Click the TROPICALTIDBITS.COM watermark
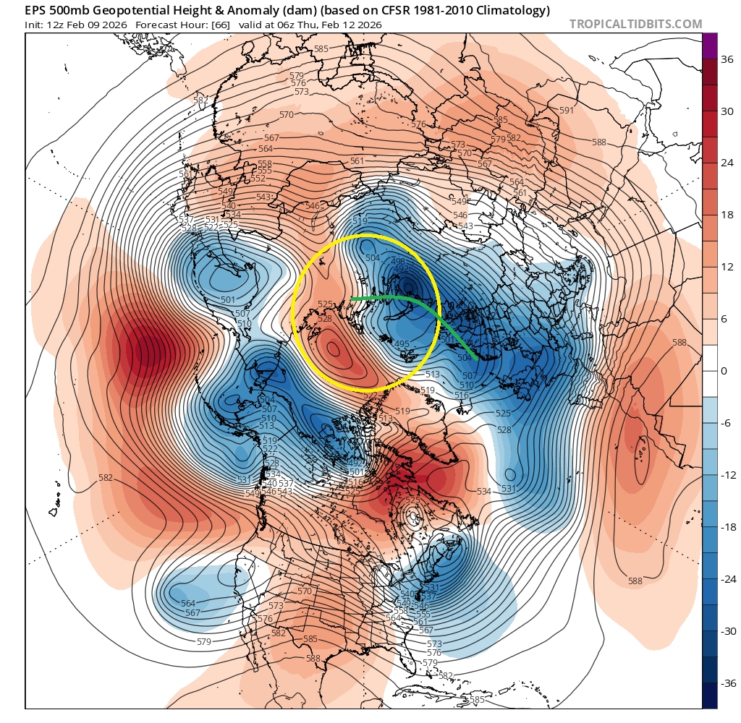pos(635,24)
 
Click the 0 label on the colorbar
pos(723,371)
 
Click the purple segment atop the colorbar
pos(711,46)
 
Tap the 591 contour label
pos(567,110)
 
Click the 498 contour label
pos(397,262)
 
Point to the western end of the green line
pos(351,299)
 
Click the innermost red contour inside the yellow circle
pos(333,348)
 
